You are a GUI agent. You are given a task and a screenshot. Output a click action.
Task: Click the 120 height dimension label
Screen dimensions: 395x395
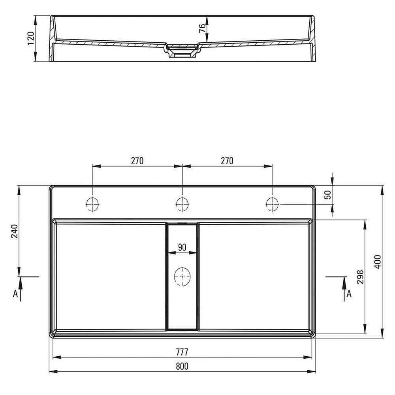31,38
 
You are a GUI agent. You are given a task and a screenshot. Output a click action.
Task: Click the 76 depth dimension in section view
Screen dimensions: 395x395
202,28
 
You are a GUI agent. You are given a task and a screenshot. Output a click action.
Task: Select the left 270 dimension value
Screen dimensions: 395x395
137,161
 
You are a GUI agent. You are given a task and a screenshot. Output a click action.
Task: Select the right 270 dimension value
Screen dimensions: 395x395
227,161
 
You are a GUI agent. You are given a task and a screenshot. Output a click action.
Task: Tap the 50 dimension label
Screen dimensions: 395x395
328,195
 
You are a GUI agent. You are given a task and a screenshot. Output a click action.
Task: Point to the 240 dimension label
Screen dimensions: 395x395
14,231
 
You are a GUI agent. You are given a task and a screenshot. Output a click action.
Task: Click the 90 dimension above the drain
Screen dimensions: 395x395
182,247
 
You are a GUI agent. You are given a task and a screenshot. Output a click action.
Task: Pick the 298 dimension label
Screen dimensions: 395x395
361,277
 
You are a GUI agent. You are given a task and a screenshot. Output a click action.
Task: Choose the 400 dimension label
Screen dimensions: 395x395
378,262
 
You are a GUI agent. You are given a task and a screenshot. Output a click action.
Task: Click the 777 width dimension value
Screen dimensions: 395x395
182,352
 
